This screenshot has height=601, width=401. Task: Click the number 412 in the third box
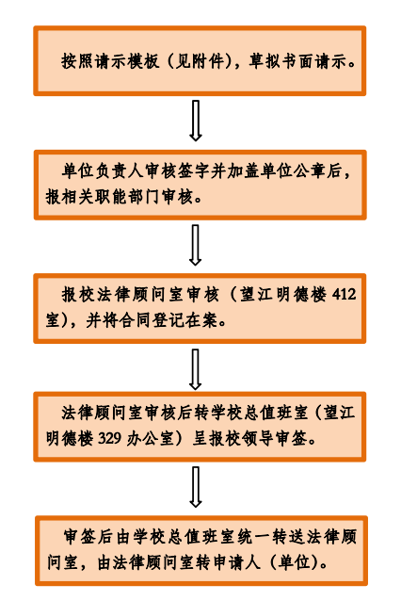[344, 294]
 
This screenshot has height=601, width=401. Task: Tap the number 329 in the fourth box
[110, 438]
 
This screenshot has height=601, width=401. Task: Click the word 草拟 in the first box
[265, 61]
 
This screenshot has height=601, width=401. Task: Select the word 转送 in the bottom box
[288, 537]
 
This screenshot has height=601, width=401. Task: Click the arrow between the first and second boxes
[196, 121]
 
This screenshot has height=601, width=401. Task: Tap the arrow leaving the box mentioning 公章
[196, 245]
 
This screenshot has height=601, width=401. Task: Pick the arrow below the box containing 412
[196, 368]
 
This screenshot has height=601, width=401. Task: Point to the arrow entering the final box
[196, 487]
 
